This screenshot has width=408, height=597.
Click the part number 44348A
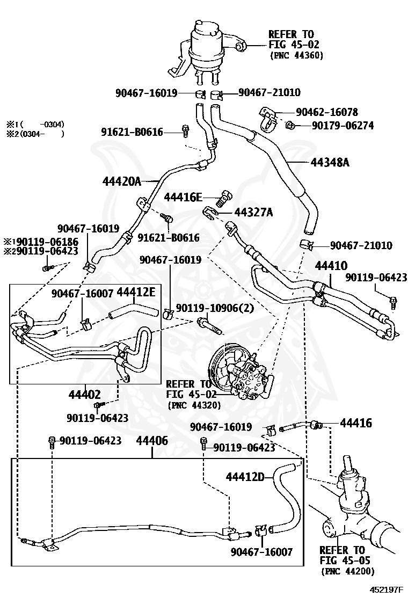tap(330, 163)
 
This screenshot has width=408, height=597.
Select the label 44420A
tap(122, 181)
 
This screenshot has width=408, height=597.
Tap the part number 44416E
tap(183, 197)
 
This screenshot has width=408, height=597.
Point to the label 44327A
tap(253, 212)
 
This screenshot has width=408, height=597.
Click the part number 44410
tap(331, 265)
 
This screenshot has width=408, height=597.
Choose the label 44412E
tap(136, 292)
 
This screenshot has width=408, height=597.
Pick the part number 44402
tap(84, 395)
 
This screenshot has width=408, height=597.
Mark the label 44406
tap(152, 441)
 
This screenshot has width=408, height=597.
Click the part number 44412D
tap(245, 476)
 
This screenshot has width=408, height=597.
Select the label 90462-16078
tap(327, 112)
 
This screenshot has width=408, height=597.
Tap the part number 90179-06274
tap(343, 125)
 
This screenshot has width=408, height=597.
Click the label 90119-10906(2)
tap(215, 308)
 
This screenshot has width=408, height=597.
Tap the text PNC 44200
tap(347, 571)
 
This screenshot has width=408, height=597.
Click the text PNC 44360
tap(296, 55)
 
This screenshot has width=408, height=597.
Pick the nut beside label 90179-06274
tap(290, 125)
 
